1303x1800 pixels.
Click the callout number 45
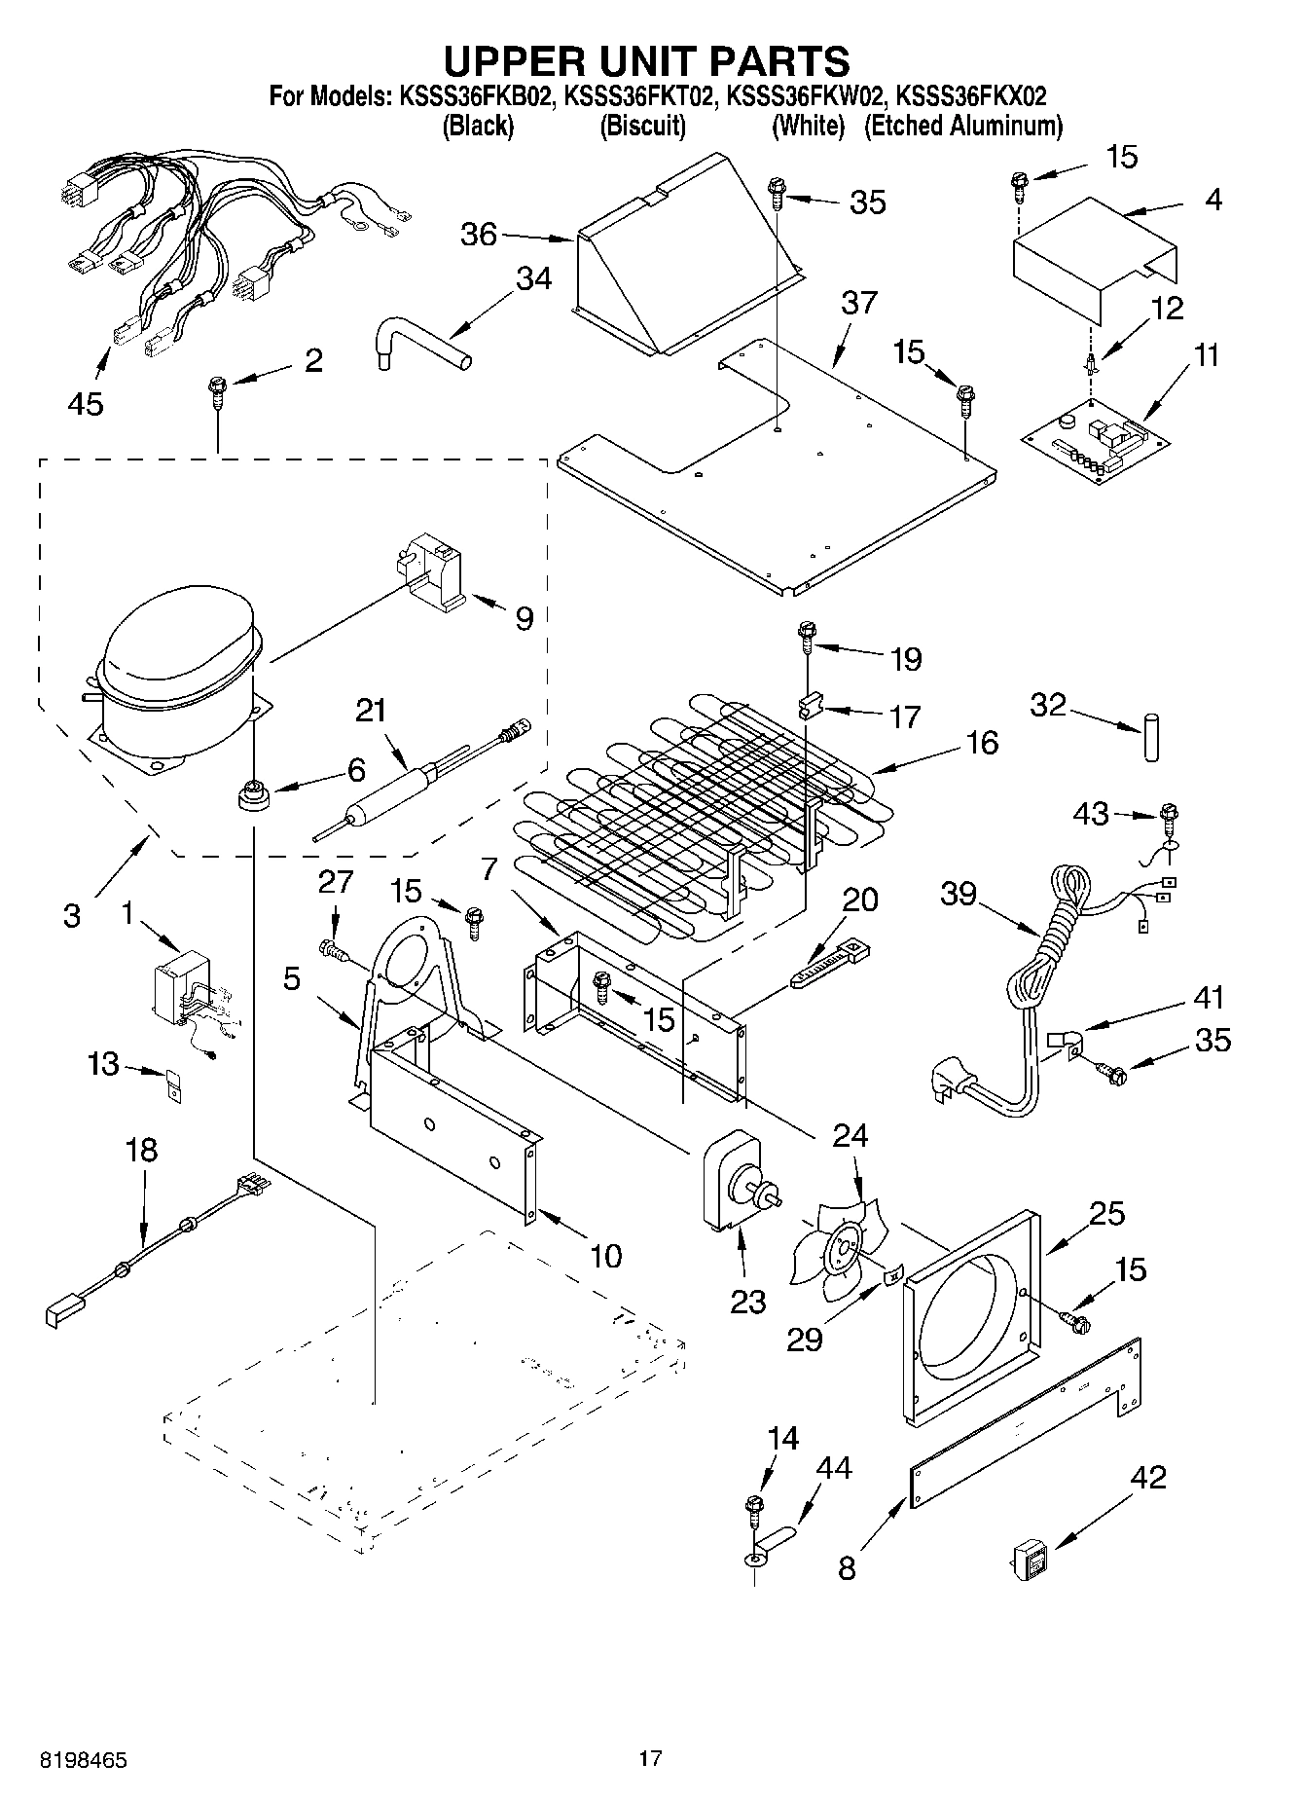[86, 403]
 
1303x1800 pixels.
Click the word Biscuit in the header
[642, 126]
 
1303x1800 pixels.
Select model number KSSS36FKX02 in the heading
[970, 96]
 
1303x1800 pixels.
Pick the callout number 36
[479, 234]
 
